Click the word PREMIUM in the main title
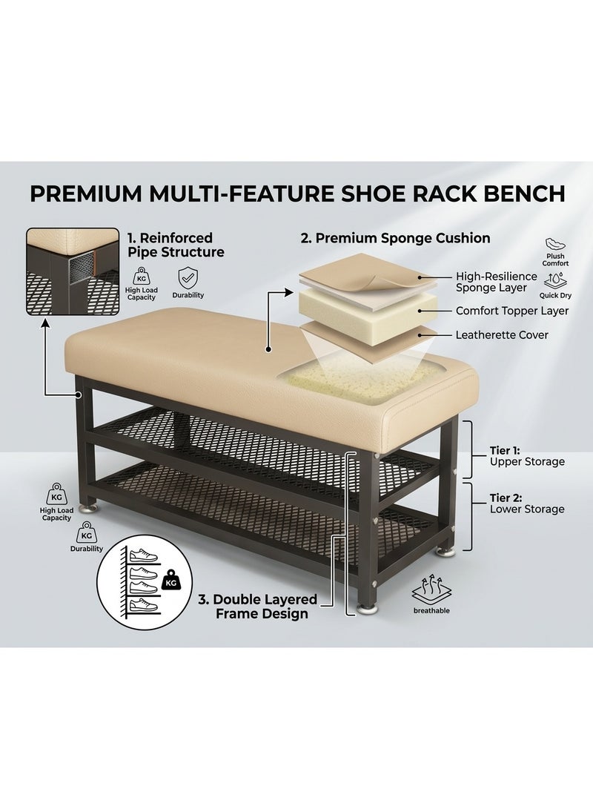pyautogui.click(x=85, y=194)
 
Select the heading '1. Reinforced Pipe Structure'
pyautogui.click(x=176, y=245)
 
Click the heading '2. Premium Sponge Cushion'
pyautogui.click(x=395, y=238)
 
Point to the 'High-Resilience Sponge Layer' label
pyautogui.click(x=496, y=283)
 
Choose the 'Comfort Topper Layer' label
pyautogui.click(x=512, y=311)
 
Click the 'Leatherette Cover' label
pyautogui.click(x=502, y=335)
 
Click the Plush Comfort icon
pyautogui.click(x=555, y=243)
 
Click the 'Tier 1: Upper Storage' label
pyautogui.click(x=527, y=457)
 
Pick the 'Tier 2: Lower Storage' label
pyautogui.click(x=527, y=503)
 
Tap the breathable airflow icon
pyautogui.click(x=431, y=590)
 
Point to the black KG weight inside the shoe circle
pyautogui.click(x=170, y=581)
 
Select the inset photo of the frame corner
pyautogui.click(x=73, y=272)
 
